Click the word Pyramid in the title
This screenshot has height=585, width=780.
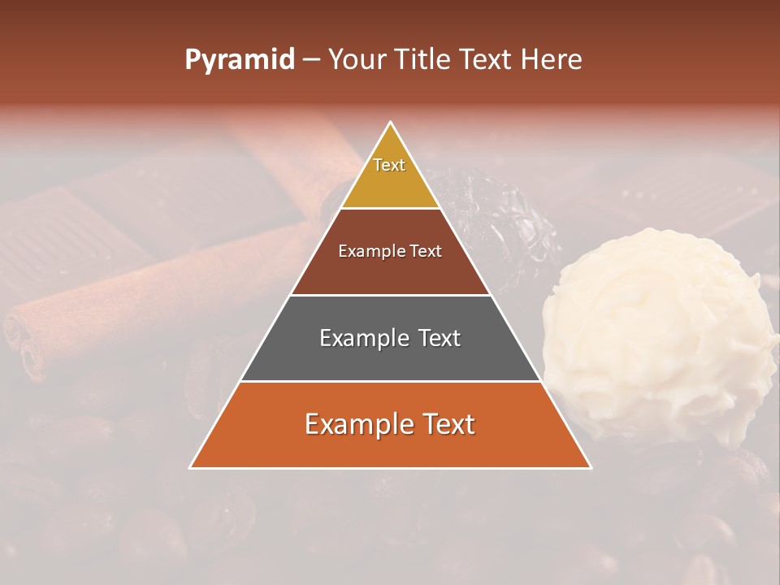[239, 60]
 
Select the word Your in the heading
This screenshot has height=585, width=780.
[356, 60]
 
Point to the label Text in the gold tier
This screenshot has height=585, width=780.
[389, 165]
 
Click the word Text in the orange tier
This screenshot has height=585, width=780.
[444, 424]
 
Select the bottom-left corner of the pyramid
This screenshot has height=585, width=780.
[191, 467]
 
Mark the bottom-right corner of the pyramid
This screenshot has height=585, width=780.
[591, 467]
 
